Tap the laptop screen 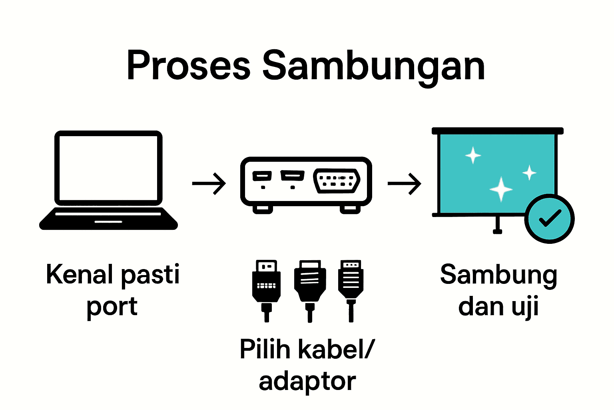click(x=108, y=168)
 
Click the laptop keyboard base click(x=108, y=219)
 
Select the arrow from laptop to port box click(x=209, y=184)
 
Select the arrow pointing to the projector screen click(x=405, y=184)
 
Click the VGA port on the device click(x=337, y=181)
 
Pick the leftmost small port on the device click(x=262, y=176)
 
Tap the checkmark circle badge click(x=549, y=219)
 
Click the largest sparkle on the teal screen click(x=501, y=189)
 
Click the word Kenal click(x=80, y=275)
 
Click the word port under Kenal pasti click(x=112, y=307)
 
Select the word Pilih click(x=265, y=349)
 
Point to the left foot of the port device click(x=263, y=209)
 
